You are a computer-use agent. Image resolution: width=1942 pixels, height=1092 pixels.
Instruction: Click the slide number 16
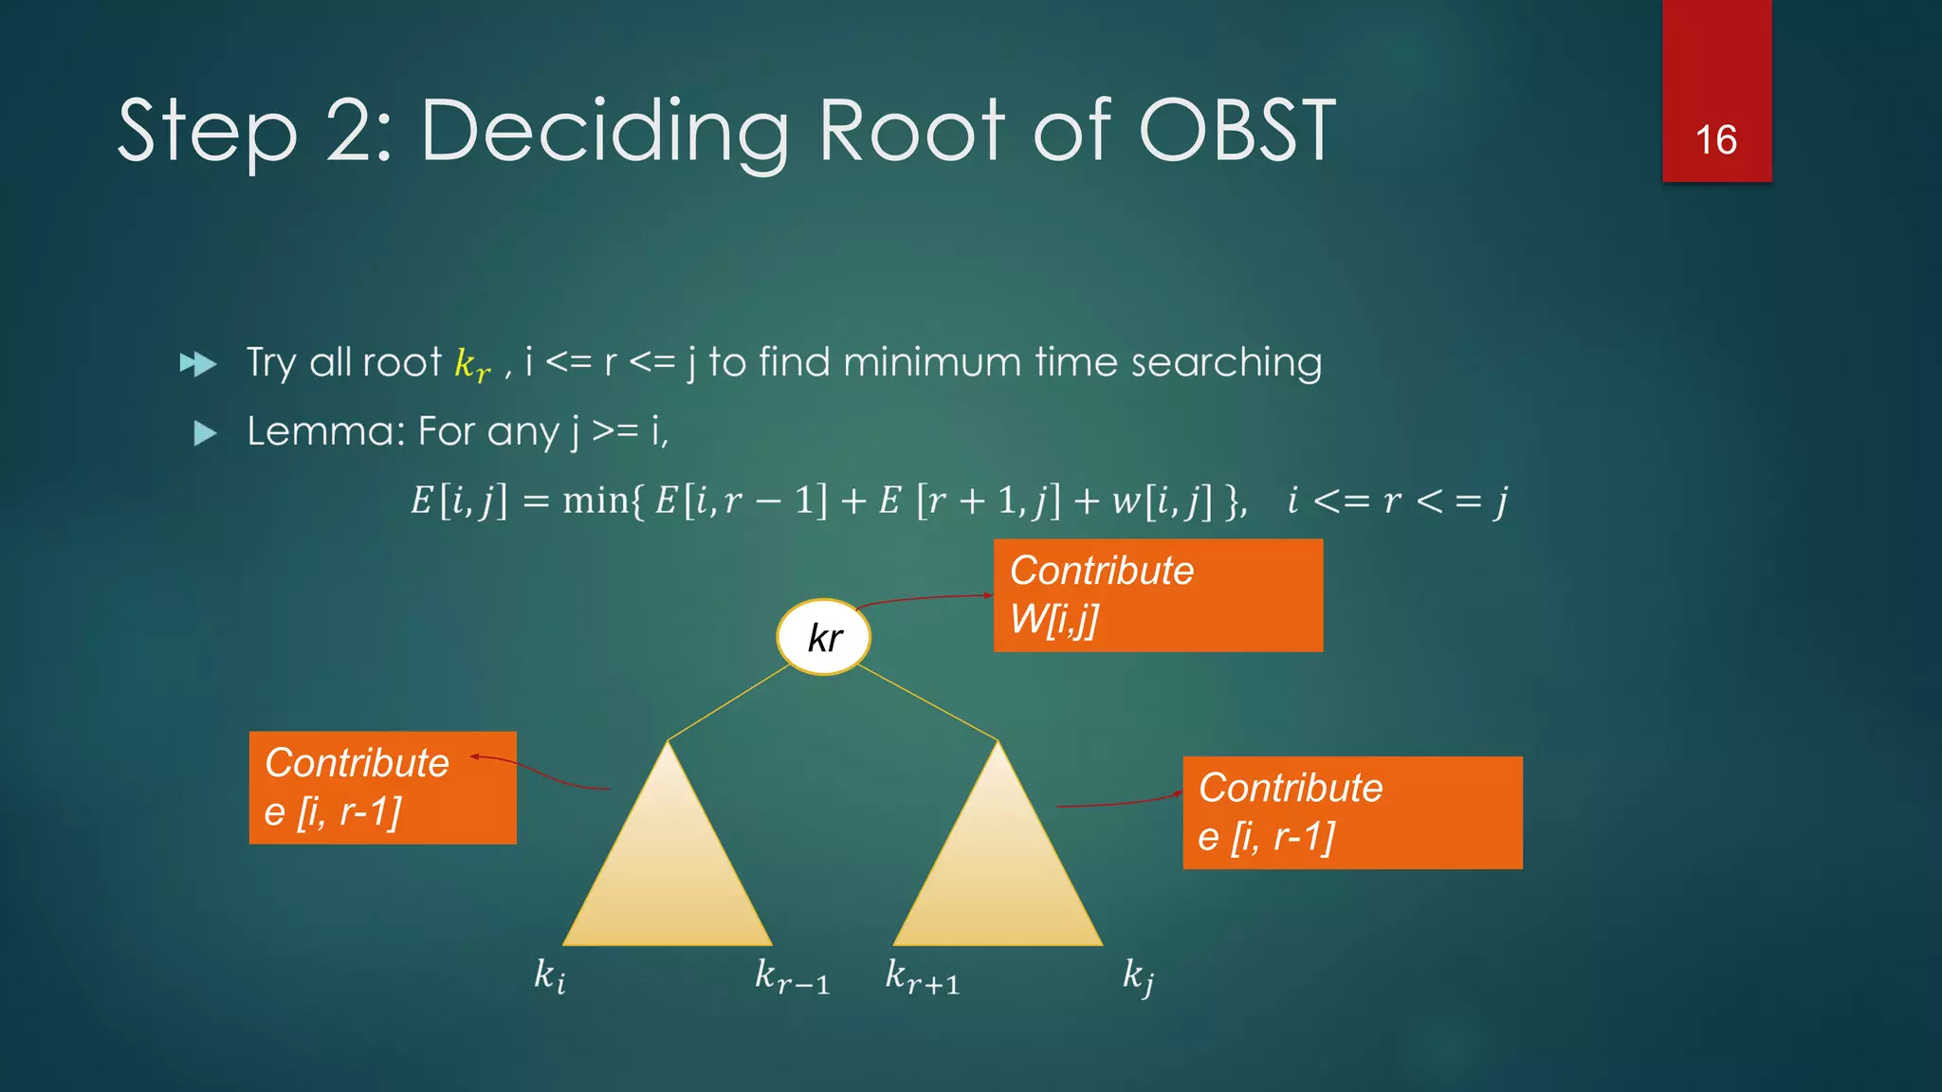click(1715, 140)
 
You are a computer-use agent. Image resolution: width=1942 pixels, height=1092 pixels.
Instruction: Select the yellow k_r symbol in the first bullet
click(472, 365)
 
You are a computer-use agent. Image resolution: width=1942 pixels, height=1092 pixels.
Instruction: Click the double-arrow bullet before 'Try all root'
click(198, 364)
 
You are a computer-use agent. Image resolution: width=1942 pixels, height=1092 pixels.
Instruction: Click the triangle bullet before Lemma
click(205, 434)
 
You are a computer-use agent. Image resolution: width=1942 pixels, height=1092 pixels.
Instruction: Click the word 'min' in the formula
click(595, 500)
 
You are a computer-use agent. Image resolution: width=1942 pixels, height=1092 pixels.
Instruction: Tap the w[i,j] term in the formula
click(1162, 500)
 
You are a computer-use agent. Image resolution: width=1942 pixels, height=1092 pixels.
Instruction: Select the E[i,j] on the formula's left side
click(459, 500)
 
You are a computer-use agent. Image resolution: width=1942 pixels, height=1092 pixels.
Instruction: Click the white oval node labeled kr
click(823, 637)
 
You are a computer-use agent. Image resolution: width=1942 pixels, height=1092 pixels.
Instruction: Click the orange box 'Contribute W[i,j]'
click(1158, 595)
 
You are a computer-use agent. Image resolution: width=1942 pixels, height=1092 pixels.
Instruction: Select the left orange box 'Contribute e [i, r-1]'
click(382, 787)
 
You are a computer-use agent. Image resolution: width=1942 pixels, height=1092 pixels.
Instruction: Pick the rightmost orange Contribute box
click(1352, 812)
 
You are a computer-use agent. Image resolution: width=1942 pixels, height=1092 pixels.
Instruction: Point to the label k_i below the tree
click(550, 975)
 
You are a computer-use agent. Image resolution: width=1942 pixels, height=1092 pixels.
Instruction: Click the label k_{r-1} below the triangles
click(792, 976)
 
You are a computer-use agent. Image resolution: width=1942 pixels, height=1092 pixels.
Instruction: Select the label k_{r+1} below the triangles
click(922, 976)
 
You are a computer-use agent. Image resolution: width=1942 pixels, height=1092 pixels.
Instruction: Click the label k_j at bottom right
click(1138, 976)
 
